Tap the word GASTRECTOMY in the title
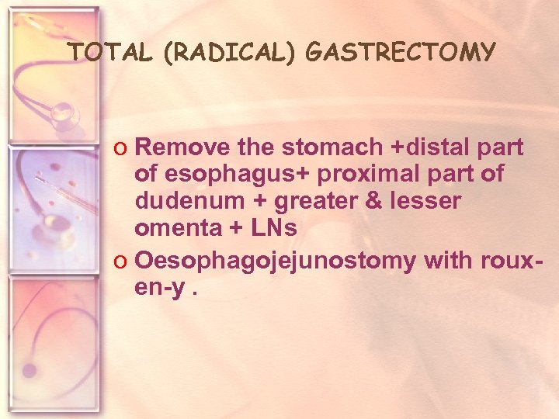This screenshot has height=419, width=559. (x=401, y=52)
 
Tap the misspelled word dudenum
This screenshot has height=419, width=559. (x=180, y=202)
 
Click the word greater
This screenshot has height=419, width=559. (x=297, y=202)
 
